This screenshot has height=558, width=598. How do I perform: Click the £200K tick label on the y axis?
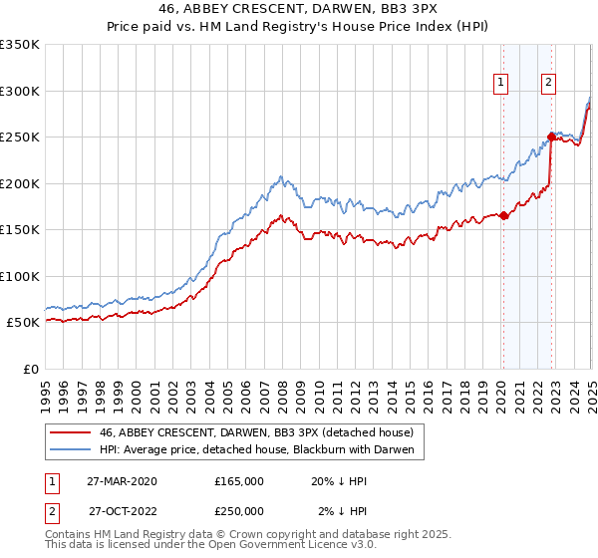click(x=20, y=183)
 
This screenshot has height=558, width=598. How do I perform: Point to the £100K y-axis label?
click(x=20, y=276)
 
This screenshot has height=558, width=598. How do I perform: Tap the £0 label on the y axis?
click(x=29, y=369)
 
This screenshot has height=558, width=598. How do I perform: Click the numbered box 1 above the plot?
click(x=499, y=84)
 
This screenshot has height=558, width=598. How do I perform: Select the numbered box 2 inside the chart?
click(x=548, y=84)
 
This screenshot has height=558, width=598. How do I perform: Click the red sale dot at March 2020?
click(x=503, y=215)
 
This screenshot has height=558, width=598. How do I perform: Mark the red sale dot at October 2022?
click(x=551, y=137)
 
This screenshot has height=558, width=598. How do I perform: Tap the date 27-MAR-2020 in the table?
click(x=123, y=480)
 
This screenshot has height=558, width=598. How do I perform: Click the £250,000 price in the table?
click(x=239, y=510)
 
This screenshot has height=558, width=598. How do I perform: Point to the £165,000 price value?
click(x=239, y=480)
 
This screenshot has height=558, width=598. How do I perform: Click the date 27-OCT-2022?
click(x=123, y=510)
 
